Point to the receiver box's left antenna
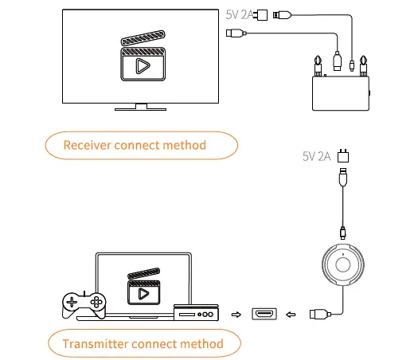coord(317,61)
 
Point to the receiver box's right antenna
coord(363,61)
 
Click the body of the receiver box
coord(340,93)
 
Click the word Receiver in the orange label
coord(90,145)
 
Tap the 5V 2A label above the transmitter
coord(317,156)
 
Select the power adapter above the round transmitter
coord(343,155)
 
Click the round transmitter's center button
coord(343,262)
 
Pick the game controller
coord(84,303)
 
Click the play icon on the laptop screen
coord(143,292)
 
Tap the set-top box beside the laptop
coord(195,314)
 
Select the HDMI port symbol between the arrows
coord(264,314)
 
